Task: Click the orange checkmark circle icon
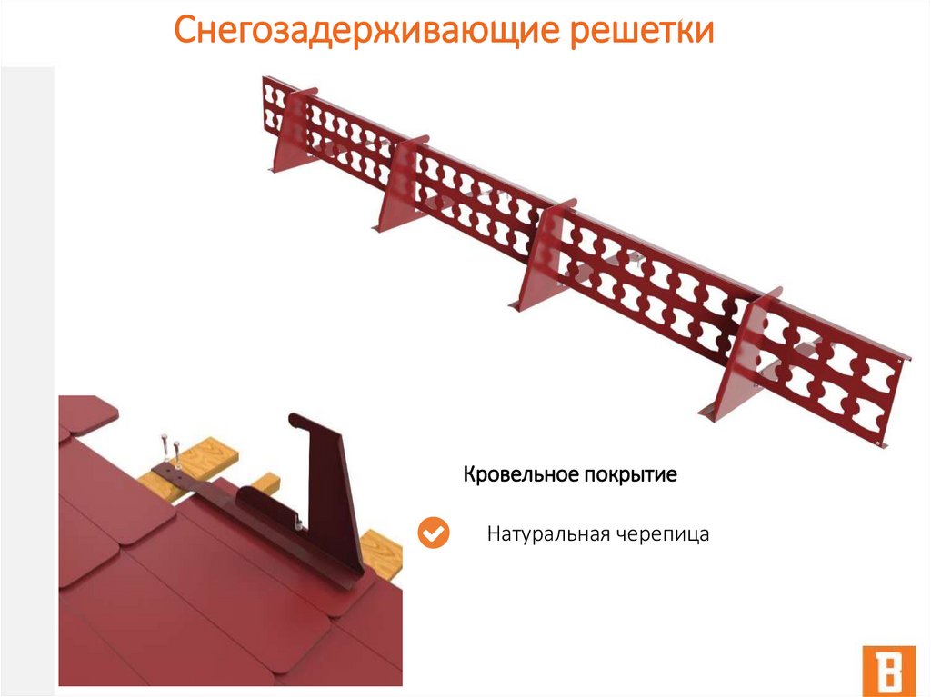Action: tap(434, 533)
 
